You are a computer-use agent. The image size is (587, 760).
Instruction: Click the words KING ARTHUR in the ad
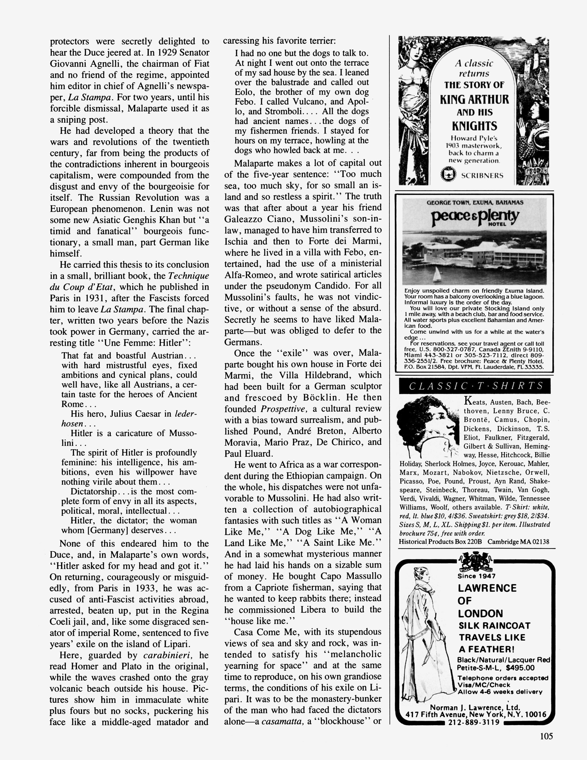474,100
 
